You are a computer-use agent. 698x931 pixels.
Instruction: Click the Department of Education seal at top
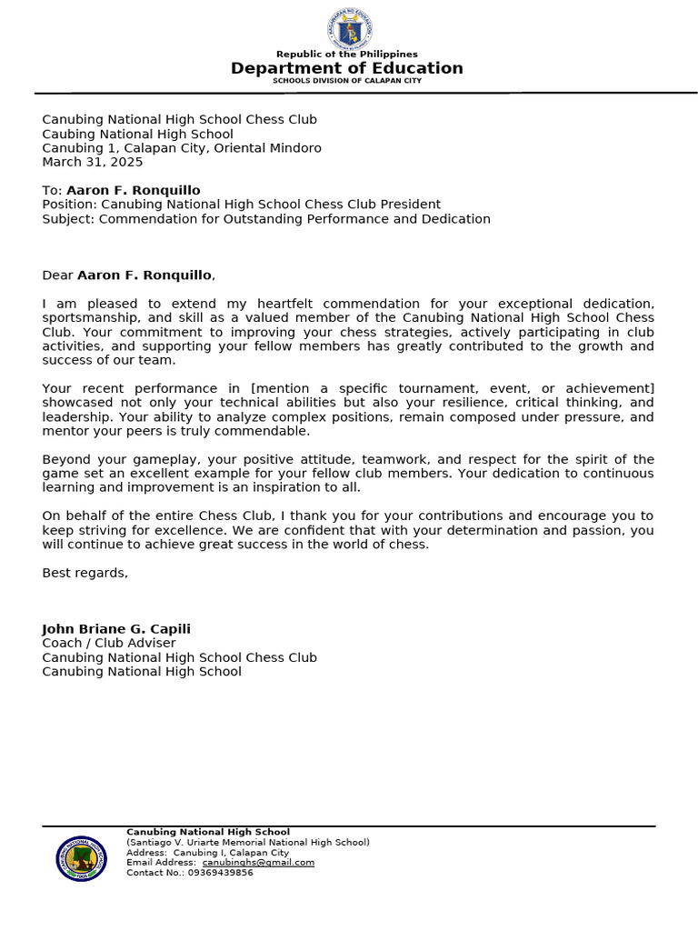click(x=348, y=29)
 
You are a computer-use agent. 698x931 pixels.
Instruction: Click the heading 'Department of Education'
click(x=347, y=68)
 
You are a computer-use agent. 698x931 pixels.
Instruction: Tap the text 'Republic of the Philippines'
click(x=347, y=55)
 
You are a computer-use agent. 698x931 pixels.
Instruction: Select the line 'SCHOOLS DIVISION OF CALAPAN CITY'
click(x=347, y=81)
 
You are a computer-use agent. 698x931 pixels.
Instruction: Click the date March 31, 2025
click(x=93, y=163)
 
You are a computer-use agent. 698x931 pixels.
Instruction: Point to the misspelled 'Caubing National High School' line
click(x=137, y=135)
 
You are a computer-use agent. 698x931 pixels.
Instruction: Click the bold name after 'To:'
click(x=134, y=191)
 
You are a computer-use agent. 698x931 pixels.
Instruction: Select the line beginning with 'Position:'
click(x=241, y=205)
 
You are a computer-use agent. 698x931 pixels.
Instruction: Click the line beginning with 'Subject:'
click(x=266, y=219)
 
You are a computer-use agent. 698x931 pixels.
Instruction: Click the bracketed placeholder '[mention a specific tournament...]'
click(x=453, y=389)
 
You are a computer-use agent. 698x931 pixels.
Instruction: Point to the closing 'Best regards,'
click(x=85, y=573)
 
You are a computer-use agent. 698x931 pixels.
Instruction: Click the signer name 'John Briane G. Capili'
click(x=116, y=629)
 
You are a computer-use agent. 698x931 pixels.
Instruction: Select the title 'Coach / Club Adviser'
click(x=109, y=644)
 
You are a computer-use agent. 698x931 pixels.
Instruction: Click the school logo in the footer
click(x=82, y=858)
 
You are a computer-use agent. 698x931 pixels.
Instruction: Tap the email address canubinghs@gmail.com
click(x=258, y=863)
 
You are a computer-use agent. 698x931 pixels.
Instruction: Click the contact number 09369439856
click(x=221, y=873)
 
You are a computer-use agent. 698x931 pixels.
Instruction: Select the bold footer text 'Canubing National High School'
click(x=208, y=832)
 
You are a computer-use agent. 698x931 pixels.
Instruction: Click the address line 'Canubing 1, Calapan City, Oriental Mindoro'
click(x=182, y=148)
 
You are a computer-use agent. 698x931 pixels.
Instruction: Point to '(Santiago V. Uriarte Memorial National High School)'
click(x=248, y=843)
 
